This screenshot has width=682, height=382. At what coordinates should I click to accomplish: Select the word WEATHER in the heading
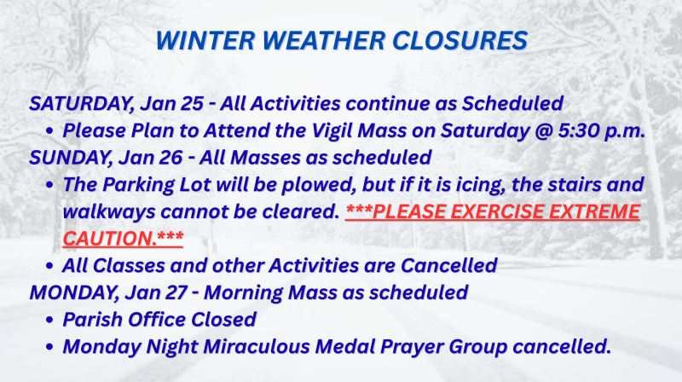(x=333, y=40)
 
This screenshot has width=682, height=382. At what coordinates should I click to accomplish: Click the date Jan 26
(x=154, y=158)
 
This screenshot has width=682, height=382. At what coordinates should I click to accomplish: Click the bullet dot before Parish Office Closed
(x=50, y=321)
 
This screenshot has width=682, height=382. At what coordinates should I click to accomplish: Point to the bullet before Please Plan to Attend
(x=50, y=132)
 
